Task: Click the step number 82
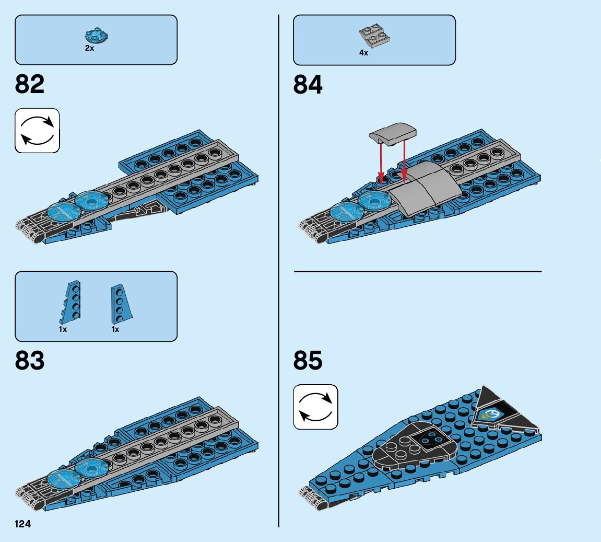pyautogui.click(x=30, y=84)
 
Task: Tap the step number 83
pyautogui.click(x=30, y=361)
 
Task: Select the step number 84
pyautogui.click(x=308, y=84)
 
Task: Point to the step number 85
pyautogui.click(x=308, y=361)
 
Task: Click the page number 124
pyautogui.click(x=22, y=524)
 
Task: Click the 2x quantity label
pyautogui.click(x=90, y=48)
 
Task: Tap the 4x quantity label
pyautogui.click(x=363, y=53)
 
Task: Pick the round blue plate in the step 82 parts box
pyautogui.click(x=96, y=36)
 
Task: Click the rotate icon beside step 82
pyautogui.click(x=37, y=130)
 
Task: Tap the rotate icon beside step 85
pyautogui.click(x=315, y=407)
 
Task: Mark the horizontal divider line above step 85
pyautogui.click(x=418, y=271)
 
